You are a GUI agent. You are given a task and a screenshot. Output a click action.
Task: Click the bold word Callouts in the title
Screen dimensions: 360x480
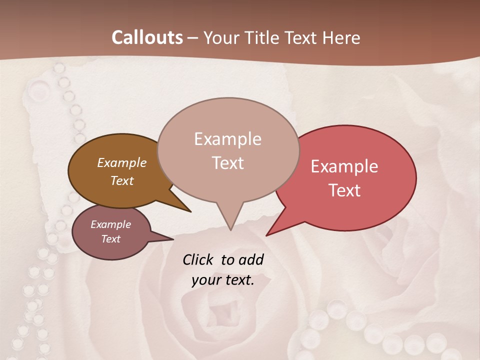pos(147,37)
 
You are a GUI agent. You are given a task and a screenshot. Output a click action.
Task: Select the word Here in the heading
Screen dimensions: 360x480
pos(342,37)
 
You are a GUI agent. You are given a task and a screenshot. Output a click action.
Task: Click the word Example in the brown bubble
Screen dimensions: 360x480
pos(121,162)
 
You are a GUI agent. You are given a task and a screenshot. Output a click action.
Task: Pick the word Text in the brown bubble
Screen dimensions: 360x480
pos(121,180)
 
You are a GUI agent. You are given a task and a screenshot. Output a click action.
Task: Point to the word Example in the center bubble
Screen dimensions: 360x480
pos(227,139)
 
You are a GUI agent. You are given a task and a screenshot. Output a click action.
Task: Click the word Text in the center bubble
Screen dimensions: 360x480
pos(227,163)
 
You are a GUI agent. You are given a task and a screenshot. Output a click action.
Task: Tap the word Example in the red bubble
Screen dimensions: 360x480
pos(344,166)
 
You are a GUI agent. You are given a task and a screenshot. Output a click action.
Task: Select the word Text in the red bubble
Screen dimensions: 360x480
pos(344,190)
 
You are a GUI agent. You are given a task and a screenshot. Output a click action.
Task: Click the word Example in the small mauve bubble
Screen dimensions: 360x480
pos(110,224)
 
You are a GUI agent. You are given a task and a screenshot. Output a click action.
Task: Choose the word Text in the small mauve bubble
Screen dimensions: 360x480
pos(110,239)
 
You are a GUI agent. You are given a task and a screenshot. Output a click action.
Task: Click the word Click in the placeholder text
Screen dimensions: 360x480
pos(198,259)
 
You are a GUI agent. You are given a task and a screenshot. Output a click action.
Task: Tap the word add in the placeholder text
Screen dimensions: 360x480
pos(251,259)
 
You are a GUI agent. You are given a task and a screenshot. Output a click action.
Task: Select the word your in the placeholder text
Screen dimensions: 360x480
pos(206,280)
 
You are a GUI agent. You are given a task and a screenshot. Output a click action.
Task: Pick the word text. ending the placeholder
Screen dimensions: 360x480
pos(239,280)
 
